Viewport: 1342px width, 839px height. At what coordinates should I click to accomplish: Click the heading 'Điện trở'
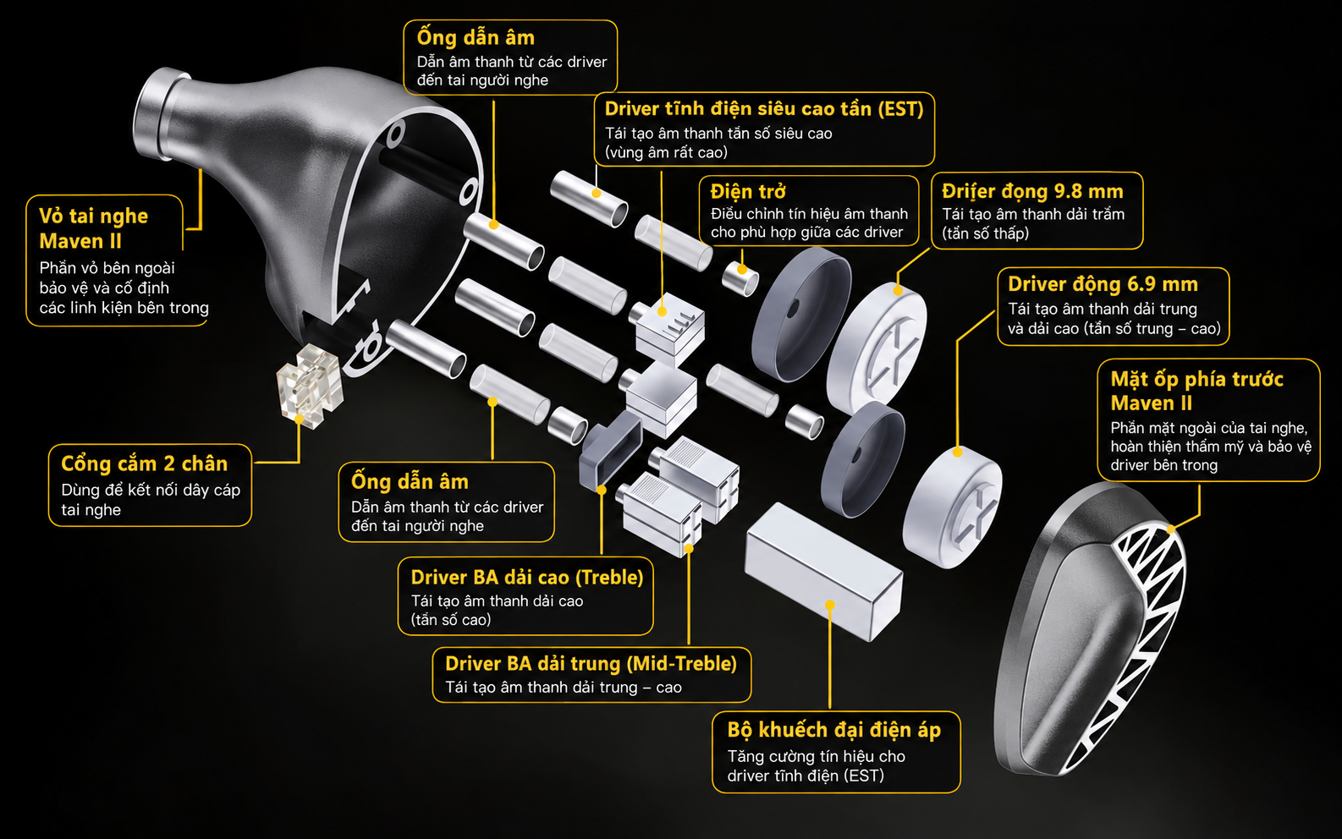[748, 192]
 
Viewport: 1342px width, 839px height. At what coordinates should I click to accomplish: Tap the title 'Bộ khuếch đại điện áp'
[834, 730]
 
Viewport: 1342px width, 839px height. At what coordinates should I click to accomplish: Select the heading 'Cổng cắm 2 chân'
[145, 463]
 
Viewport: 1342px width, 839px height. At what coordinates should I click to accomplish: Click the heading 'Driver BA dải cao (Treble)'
[526, 577]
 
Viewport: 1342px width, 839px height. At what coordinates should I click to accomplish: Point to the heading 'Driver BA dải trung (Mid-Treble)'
[591, 664]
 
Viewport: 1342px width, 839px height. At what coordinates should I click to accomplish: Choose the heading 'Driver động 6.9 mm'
[1103, 284]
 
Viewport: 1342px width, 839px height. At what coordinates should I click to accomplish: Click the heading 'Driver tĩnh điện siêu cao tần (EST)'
[764, 109]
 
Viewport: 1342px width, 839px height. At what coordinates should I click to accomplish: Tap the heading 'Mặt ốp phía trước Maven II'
[1196, 391]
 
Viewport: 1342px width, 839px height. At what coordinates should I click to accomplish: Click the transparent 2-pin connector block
[310, 386]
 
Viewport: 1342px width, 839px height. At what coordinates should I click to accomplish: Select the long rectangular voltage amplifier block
[824, 571]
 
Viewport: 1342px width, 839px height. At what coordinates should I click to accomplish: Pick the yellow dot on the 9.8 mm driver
[898, 291]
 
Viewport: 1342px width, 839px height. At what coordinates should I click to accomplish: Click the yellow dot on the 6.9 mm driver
[957, 452]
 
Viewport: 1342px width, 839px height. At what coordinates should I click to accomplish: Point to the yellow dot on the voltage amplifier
[830, 605]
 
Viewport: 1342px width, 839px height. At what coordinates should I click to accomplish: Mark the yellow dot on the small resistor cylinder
[742, 270]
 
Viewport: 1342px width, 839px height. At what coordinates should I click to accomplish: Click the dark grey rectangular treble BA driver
[610, 450]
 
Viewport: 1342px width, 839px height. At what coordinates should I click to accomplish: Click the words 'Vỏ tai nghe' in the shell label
[93, 217]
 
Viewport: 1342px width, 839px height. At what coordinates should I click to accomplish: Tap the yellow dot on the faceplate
[1170, 529]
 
